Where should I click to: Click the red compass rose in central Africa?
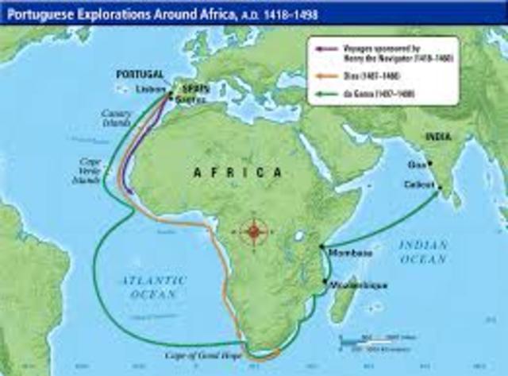[x=254, y=231]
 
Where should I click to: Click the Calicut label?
[x=418, y=184]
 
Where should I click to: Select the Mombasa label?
[x=348, y=252]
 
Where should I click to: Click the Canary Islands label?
[x=117, y=118]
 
